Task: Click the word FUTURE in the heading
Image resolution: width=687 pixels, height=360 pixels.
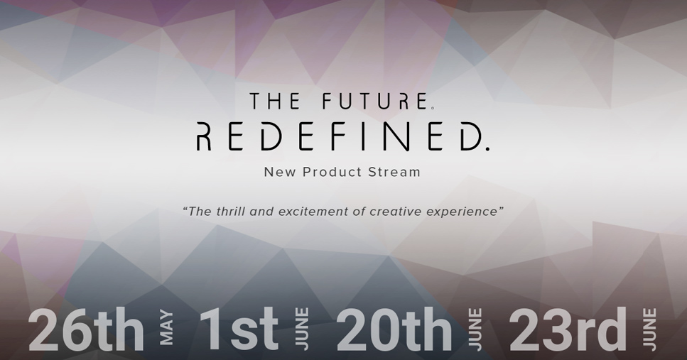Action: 375,101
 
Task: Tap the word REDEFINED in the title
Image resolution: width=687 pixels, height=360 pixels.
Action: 337,136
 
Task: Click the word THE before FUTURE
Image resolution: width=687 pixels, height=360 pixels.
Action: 275,101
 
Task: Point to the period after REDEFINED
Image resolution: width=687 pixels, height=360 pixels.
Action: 487,149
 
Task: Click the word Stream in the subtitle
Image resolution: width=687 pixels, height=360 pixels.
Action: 394,172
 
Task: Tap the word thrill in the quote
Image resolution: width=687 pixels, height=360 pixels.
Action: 230,212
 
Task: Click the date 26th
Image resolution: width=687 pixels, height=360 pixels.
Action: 86,329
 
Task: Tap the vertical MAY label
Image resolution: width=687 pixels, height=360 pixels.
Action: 166,328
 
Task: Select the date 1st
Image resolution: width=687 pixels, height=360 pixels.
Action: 239,329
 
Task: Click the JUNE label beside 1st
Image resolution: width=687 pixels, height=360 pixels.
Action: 302,329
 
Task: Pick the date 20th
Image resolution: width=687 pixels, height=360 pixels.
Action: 394,329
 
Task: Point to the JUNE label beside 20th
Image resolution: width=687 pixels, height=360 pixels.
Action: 475,329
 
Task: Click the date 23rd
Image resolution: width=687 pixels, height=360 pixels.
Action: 568,329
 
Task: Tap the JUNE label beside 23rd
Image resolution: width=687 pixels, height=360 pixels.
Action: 649,329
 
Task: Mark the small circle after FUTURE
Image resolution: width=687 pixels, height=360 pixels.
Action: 433,108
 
